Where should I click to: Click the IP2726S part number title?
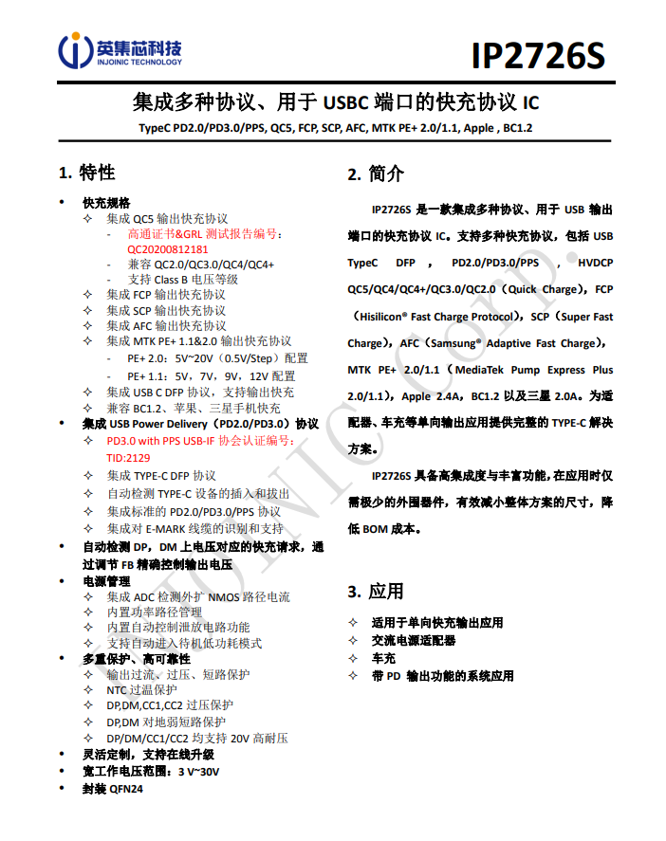(537, 56)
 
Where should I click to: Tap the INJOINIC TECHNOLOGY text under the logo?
(139, 63)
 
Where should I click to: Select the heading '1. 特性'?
(87, 173)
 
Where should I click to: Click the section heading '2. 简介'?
(375, 174)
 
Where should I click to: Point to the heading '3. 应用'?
(375, 592)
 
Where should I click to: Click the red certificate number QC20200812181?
(168, 249)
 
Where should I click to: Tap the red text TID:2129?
(128, 457)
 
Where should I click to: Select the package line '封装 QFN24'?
(112, 789)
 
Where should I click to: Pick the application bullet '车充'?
(383, 658)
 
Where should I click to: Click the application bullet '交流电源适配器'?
(413, 641)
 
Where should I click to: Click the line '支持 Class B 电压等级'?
(183, 280)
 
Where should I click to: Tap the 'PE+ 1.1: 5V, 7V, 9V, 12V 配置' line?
(211, 376)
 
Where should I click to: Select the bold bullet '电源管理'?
(106, 580)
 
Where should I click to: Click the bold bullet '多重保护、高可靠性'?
(136, 658)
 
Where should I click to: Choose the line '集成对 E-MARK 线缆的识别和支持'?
(194, 528)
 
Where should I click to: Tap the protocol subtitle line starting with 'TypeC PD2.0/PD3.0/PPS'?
(333, 128)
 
